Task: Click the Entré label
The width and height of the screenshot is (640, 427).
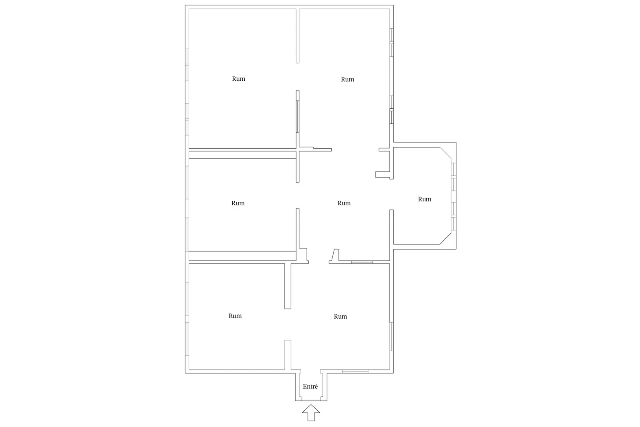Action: pos(310,386)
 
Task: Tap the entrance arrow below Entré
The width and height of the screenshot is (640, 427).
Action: pos(311,412)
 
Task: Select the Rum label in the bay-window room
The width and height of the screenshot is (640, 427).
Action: pos(425,199)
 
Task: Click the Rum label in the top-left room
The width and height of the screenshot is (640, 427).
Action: pos(239,79)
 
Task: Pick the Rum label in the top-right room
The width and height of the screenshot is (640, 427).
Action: pos(348,79)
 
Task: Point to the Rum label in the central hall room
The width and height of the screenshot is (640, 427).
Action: pos(344,203)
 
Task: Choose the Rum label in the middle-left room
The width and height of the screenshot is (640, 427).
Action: pos(238,203)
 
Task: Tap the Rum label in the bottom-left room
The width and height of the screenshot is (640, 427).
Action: pos(235,316)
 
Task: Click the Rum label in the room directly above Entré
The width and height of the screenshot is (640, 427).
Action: pos(340,316)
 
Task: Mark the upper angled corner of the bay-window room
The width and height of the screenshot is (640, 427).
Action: pos(445,153)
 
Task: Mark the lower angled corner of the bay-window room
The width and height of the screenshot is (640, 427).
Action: pos(445,238)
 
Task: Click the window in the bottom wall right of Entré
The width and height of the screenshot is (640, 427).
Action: pos(355,371)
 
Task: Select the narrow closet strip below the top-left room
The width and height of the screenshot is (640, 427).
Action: pos(242,155)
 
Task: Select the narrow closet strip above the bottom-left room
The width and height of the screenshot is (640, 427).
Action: pos(242,256)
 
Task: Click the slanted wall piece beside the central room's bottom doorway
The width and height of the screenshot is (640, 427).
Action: pos(334,256)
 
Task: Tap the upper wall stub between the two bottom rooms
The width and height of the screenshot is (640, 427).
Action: pos(288,286)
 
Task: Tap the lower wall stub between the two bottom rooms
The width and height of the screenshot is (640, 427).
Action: pos(288,355)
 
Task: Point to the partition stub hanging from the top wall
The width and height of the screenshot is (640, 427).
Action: pos(298,36)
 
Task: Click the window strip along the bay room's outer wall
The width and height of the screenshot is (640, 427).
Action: pos(453,196)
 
